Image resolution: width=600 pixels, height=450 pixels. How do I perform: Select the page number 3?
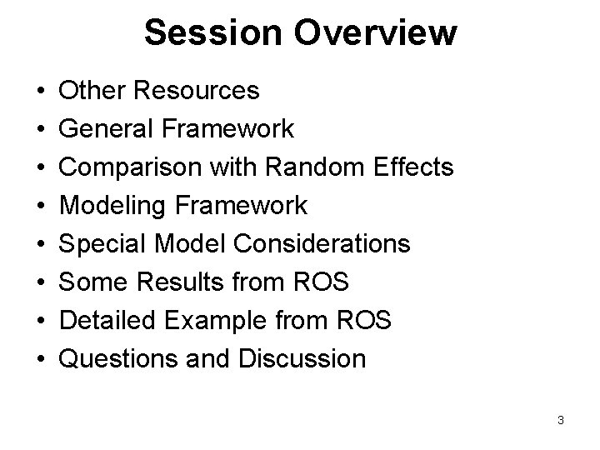point(561,420)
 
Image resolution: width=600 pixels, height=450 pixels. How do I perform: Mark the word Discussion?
point(303,359)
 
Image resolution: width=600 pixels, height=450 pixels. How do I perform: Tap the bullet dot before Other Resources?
point(40,91)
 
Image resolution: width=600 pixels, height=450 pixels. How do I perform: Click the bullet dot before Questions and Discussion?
point(40,360)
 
